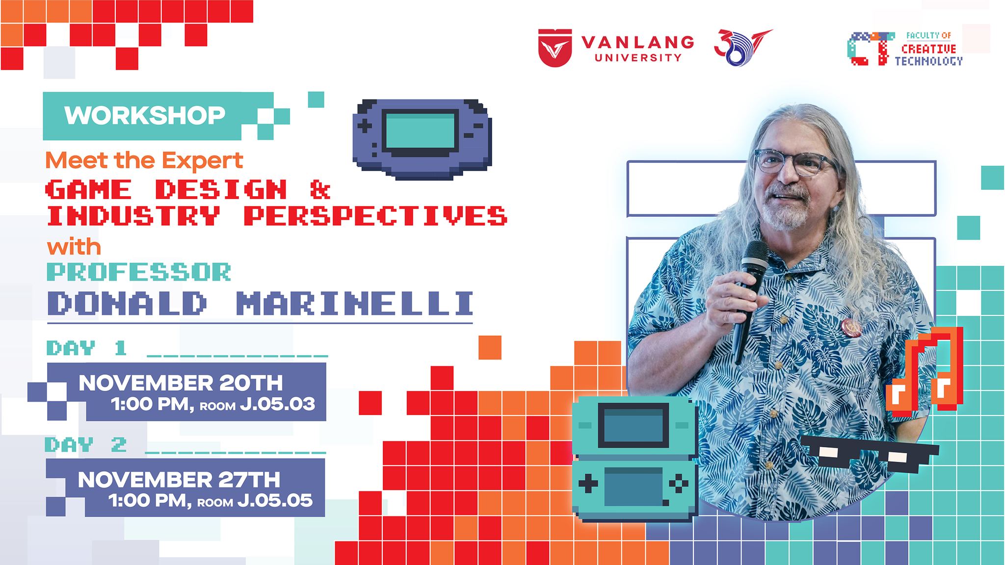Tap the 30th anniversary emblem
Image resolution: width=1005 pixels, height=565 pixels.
coord(741,48)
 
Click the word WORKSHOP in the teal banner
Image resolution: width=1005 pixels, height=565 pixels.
coord(145,115)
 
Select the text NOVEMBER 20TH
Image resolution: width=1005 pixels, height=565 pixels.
coord(181,383)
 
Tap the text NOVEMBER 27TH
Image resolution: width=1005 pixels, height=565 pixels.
coord(179,479)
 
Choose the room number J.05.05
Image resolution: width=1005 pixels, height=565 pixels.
coord(275,500)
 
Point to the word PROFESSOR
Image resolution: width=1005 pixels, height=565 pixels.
coord(139,272)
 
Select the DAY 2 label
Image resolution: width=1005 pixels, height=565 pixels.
coord(86,444)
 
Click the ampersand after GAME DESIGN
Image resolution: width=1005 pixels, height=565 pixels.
coord(320,189)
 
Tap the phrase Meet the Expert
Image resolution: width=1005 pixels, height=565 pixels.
coord(144,160)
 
